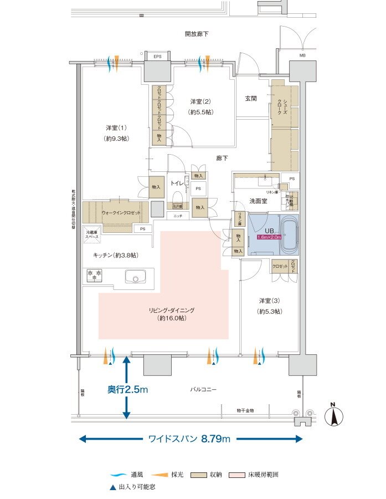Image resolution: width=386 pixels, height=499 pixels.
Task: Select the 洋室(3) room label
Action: (x=270, y=301)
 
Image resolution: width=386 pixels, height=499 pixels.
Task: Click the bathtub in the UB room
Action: (x=289, y=235)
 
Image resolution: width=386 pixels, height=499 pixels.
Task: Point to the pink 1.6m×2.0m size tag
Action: (x=269, y=237)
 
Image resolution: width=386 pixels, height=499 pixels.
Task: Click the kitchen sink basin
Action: (x=135, y=276)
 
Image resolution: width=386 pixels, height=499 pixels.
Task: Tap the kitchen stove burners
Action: (x=95, y=274)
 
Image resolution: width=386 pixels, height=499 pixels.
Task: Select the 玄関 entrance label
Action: (x=251, y=99)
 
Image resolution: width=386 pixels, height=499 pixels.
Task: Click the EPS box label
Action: (x=157, y=57)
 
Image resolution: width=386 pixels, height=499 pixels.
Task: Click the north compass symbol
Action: (x=336, y=415)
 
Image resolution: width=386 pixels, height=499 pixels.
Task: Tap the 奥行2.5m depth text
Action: (x=127, y=390)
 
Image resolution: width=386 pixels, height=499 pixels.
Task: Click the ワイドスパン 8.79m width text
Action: (x=189, y=439)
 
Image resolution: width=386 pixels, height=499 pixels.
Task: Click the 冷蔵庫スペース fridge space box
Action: (x=92, y=234)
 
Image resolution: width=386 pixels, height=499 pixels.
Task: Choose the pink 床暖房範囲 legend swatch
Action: (x=234, y=475)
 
